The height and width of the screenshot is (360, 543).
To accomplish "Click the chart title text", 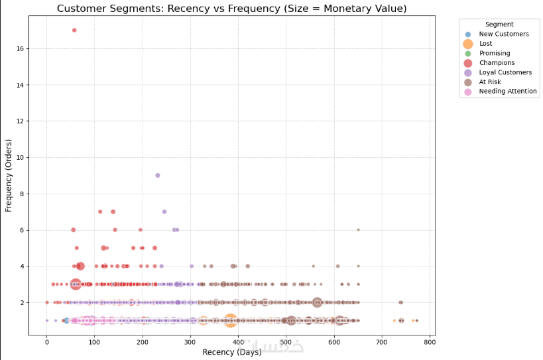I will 231,9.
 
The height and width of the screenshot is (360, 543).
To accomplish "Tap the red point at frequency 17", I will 74,30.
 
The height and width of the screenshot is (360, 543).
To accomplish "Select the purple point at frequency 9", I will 158,175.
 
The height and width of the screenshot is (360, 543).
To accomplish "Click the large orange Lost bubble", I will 230,320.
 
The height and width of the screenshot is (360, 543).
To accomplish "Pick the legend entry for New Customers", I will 504,34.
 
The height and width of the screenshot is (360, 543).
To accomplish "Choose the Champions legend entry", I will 497,63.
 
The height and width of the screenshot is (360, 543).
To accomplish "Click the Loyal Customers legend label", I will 505,72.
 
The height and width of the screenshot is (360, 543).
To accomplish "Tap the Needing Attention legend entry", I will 508,91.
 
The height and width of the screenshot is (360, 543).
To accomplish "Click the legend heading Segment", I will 499,24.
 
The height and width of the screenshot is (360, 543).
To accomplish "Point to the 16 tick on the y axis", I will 21,48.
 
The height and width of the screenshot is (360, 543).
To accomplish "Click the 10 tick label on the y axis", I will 21,157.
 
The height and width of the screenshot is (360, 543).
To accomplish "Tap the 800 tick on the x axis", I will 430,342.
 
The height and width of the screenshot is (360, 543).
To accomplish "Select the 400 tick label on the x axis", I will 238,342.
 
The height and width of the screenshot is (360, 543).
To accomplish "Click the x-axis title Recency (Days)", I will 231,353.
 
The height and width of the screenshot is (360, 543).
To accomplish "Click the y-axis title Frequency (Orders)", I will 9,175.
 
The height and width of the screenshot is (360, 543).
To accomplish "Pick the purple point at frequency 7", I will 164,211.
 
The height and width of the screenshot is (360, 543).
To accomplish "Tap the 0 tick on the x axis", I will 46,342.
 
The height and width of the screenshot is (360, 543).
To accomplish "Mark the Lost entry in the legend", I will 486,43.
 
